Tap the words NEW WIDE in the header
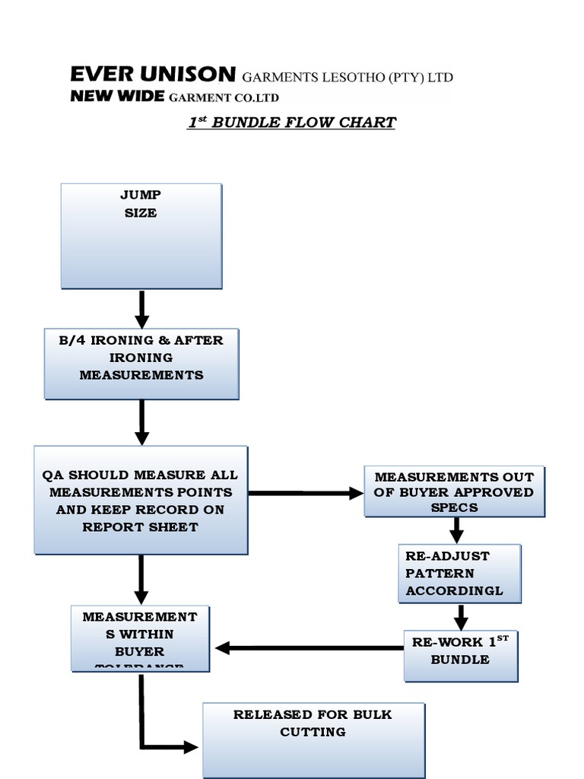[x=117, y=96]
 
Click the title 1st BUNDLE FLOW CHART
[x=291, y=122]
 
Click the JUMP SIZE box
[x=141, y=235]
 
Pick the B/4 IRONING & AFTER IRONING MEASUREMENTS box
[x=141, y=364]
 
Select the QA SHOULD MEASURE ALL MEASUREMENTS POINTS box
[x=141, y=500]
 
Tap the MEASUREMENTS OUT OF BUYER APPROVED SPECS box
[x=454, y=491]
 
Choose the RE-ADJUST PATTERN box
[x=459, y=574]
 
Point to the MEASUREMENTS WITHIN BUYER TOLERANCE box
[x=140, y=638]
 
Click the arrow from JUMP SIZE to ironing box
[x=141, y=309]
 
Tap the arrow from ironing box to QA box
[x=141, y=422]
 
